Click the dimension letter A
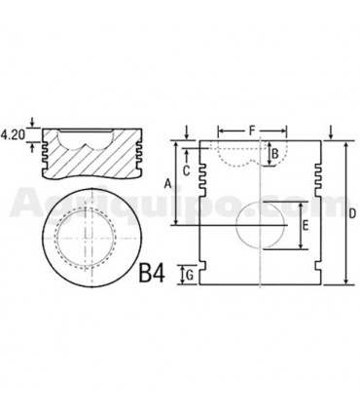point(167,184)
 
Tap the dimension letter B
point(275,153)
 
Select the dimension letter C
point(186,170)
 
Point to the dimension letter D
point(352,213)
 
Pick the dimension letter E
point(306,226)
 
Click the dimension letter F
point(252,131)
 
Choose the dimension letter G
point(190,276)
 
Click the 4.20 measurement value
point(13,134)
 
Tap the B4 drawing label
point(152,273)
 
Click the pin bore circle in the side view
point(236,225)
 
